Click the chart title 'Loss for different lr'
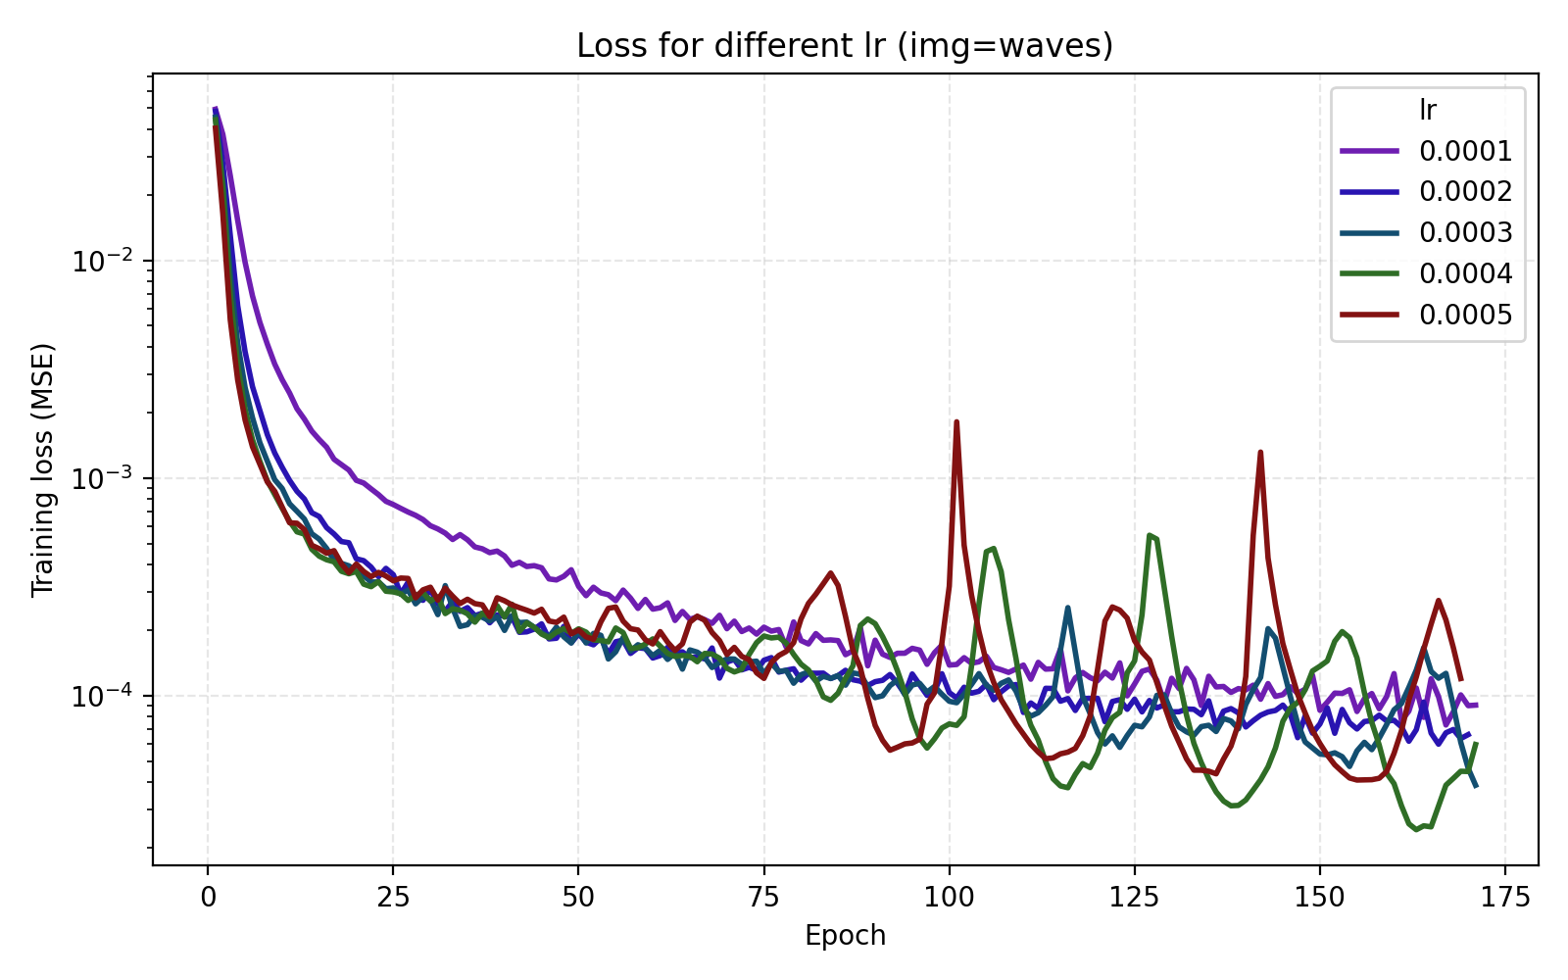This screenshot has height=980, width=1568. (x=845, y=46)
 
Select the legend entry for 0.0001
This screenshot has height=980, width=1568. (x=1465, y=151)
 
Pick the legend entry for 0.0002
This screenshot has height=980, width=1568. (x=1465, y=192)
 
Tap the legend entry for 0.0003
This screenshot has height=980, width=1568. (x=1465, y=233)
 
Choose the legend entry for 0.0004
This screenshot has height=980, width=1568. (x=1465, y=273)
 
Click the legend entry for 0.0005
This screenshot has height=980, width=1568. (x=1465, y=315)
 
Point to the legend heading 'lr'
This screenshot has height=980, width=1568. (x=1428, y=111)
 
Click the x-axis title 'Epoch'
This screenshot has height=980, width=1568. (x=845, y=936)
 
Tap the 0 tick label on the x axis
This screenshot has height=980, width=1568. (x=208, y=899)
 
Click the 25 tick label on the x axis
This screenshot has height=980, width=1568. (x=393, y=899)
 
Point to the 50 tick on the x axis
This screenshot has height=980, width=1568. (x=578, y=899)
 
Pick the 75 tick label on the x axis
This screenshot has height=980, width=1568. (x=763, y=899)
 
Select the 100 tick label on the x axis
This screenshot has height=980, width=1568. (x=949, y=899)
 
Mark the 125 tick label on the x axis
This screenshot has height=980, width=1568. (x=1134, y=899)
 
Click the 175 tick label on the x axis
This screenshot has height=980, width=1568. (x=1504, y=899)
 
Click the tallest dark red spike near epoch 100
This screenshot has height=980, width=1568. (x=956, y=422)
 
